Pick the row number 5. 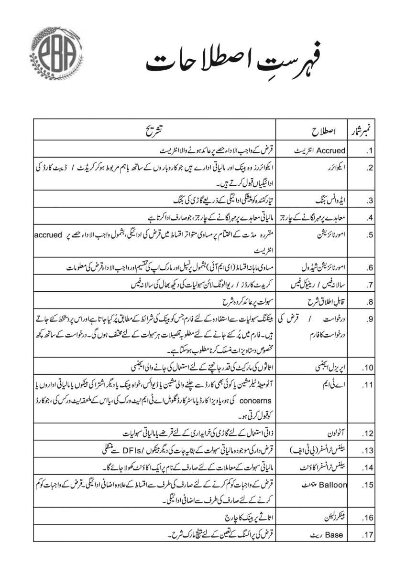coord(370,235)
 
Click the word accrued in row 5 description coord(50,235)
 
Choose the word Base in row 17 coord(334,535)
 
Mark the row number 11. coord(368,384)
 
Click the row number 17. coord(368,535)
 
